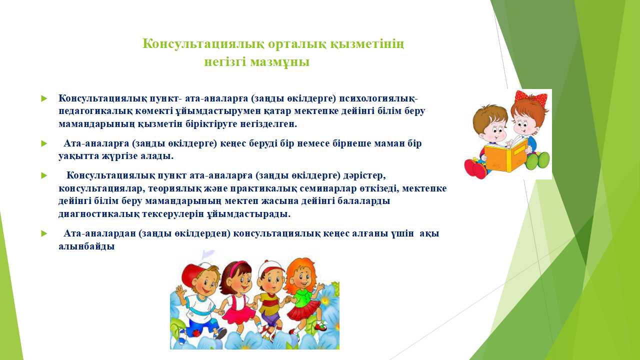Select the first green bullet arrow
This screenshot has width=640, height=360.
(x=44, y=98)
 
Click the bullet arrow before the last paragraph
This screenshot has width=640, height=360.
(x=44, y=233)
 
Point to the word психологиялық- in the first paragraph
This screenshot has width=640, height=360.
(x=378, y=98)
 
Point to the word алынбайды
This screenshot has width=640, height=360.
(x=86, y=246)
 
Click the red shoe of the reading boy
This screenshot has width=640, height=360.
(x=475, y=168)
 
